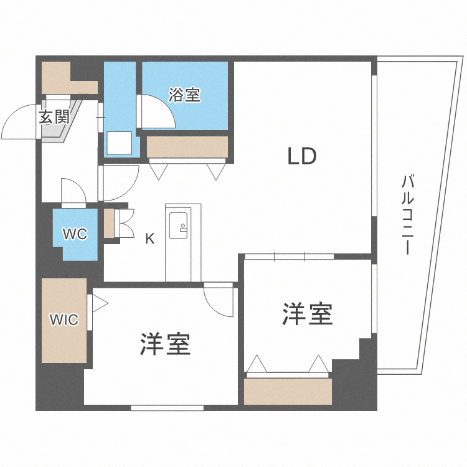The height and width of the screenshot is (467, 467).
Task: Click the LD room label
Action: (302, 156)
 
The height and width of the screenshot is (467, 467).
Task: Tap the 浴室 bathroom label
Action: (184, 95)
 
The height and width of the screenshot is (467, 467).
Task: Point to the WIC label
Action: (64, 320)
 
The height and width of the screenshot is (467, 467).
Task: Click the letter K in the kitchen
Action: (149, 237)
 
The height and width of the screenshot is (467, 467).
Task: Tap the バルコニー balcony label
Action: (408, 215)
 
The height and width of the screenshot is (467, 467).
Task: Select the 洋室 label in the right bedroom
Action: (308, 314)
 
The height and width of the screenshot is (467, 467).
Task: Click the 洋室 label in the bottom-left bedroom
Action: (165, 344)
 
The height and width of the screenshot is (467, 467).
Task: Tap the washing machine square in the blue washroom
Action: (119, 144)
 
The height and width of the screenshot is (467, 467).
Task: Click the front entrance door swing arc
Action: (19, 125)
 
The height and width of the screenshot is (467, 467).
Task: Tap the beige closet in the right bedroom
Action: (288, 392)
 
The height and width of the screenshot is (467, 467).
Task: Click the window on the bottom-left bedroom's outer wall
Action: (167, 408)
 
